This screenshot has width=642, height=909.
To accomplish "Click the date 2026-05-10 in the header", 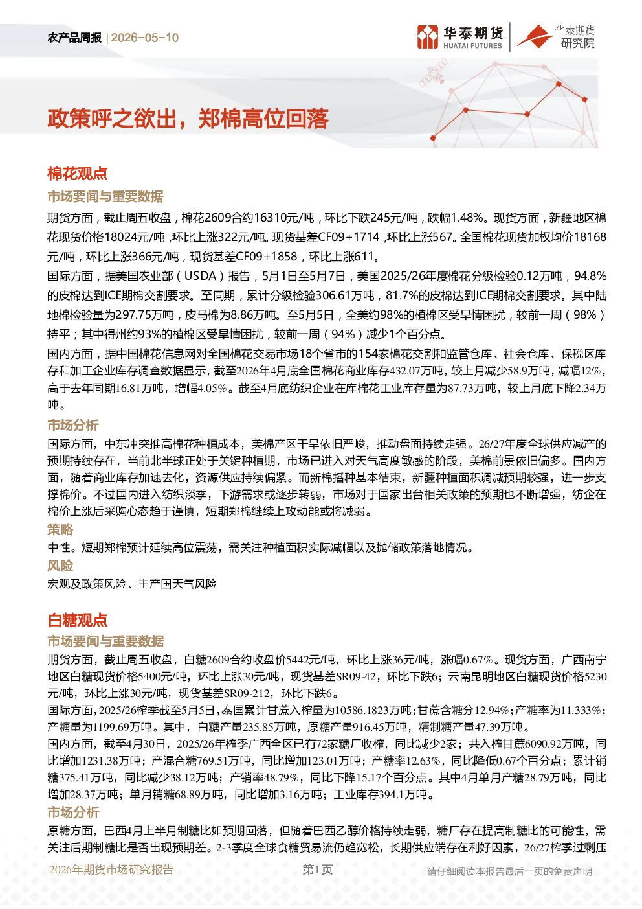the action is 145,38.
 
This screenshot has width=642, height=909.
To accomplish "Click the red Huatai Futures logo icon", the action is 428,37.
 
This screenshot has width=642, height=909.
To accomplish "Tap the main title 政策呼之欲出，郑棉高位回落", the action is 188,119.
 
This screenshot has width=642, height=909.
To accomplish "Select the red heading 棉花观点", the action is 78,174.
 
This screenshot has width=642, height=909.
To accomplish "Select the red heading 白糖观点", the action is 78,621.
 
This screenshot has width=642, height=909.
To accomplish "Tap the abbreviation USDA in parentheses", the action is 200,276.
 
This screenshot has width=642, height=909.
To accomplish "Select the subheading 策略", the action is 60,529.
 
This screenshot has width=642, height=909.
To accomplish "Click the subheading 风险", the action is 60,565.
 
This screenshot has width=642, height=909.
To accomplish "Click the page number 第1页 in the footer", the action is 317,869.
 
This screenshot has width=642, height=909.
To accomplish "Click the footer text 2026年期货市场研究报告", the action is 111,869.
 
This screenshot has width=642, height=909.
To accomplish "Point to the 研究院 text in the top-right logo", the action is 577,43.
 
